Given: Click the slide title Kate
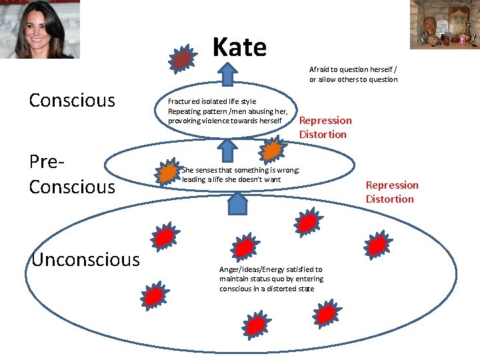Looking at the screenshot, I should [x=239, y=47].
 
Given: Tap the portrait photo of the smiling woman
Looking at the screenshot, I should [x=40, y=29].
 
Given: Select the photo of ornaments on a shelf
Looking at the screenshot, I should [x=443, y=25].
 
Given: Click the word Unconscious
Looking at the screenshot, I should [x=85, y=259].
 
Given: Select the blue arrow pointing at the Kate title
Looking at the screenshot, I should [x=228, y=73].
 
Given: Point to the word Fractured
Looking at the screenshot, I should [x=184, y=101].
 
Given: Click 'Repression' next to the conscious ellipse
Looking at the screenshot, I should [x=325, y=121].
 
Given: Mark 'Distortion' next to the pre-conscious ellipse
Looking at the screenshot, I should [x=389, y=199].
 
